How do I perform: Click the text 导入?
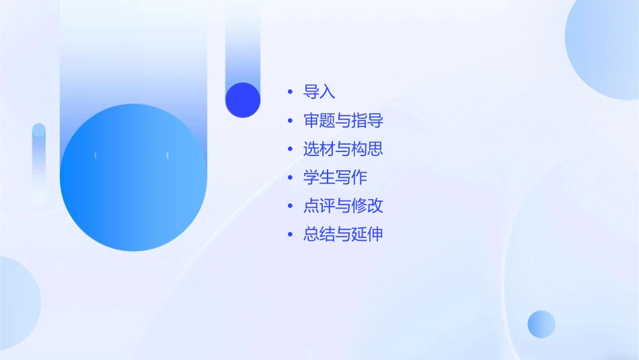tap(319, 92)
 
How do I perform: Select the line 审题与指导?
tap(343, 121)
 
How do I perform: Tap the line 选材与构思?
tap(343, 149)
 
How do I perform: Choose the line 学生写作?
tap(335, 178)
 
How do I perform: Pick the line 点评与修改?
tap(343, 206)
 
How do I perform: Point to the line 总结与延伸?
tap(343, 234)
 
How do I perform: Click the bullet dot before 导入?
tap(290, 92)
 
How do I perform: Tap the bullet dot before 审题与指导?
tap(290, 121)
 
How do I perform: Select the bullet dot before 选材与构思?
tap(290, 149)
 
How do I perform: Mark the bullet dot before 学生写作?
tap(290, 178)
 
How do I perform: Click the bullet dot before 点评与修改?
tap(290, 206)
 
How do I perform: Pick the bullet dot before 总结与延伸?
tap(290, 234)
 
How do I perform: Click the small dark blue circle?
tap(243, 100)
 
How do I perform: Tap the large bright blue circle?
tap(133, 178)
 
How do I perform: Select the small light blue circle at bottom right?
tap(541, 324)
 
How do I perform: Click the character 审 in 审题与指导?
tap(311, 121)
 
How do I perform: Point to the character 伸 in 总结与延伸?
tap(375, 234)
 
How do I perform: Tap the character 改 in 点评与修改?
tap(375, 206)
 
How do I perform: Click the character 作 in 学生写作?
tap(359, 178)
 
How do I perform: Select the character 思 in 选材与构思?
tap(375, 149)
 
